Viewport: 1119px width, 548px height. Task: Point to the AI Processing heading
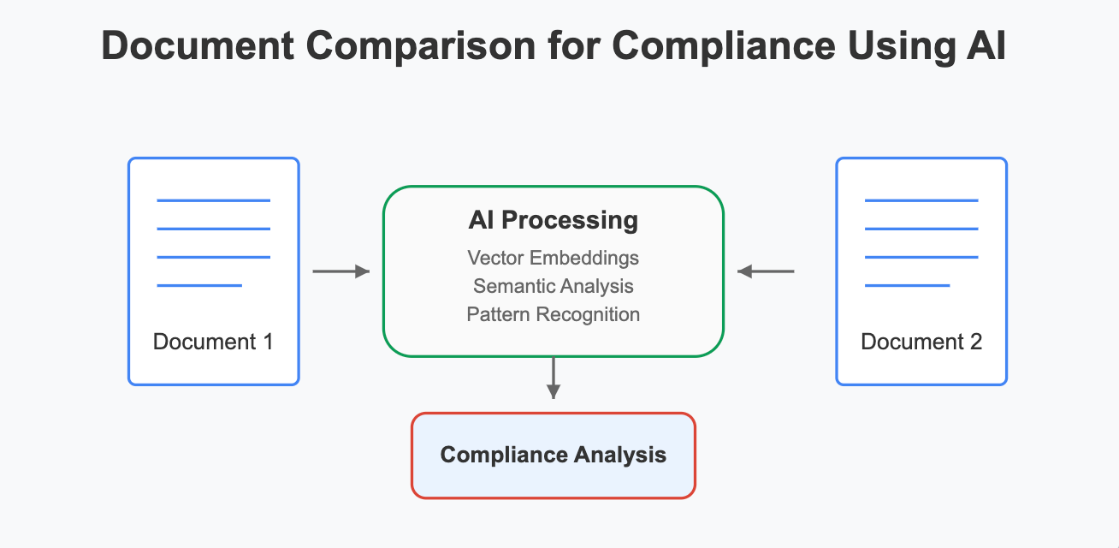coord(553,220)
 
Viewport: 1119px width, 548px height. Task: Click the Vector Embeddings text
coord(553,258)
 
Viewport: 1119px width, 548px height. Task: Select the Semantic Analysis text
coord(553,286)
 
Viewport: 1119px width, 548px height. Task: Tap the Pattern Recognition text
coord(553,314)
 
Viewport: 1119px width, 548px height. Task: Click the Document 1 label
coord(213,342)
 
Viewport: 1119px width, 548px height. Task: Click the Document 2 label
coord(921,342)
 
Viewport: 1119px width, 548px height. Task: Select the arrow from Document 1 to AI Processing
coord(340,271)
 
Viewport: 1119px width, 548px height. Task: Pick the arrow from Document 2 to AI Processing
coord(766,271)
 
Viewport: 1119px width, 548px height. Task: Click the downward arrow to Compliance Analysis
coord(554,378)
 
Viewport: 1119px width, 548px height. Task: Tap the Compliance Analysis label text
coord(553,455)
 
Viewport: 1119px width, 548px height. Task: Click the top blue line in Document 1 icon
coord(213,200)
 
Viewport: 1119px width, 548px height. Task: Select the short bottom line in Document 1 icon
coord(199,285)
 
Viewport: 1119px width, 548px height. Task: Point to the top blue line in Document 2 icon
coord(921,200)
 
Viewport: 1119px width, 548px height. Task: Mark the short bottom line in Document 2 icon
coord(908,285)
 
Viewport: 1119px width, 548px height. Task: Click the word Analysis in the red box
coord(621,455)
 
